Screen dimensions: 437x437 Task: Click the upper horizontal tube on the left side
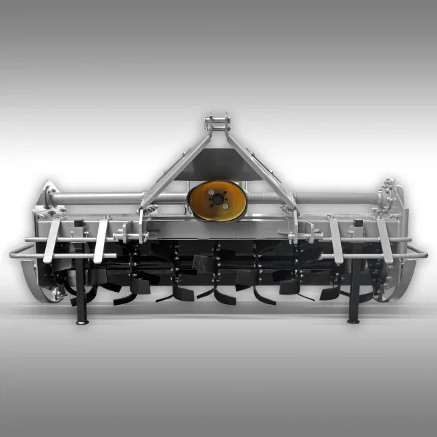pyautogui.click(x=96, y=199)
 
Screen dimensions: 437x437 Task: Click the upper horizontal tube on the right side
pyautogui.click(x=336, y=199)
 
